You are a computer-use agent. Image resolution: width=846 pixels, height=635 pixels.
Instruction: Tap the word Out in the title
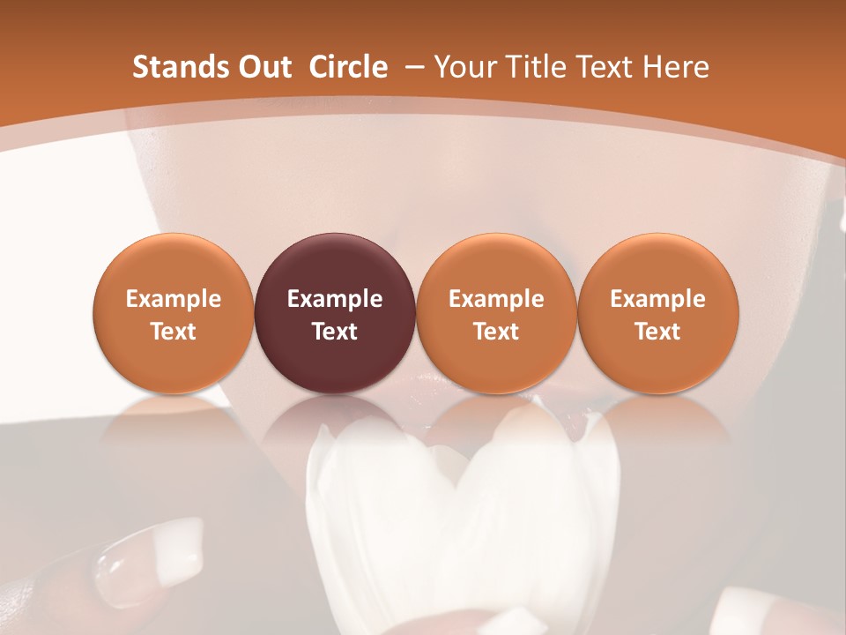click(262, 67)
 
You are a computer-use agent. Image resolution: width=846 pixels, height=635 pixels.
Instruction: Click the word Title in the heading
click(538, 67)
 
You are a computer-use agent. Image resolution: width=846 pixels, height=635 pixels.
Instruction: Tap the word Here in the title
click(677, 67)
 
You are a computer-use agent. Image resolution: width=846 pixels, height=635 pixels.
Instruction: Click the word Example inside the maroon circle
click(335, 299)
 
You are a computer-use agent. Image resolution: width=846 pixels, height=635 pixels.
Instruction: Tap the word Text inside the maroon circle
click(335, 332)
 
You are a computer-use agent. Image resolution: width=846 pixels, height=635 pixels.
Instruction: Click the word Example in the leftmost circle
click(173, 299)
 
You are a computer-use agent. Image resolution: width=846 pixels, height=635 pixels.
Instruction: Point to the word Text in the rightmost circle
click(657, 332)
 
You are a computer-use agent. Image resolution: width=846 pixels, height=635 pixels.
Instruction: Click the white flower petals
click(458, 512)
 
